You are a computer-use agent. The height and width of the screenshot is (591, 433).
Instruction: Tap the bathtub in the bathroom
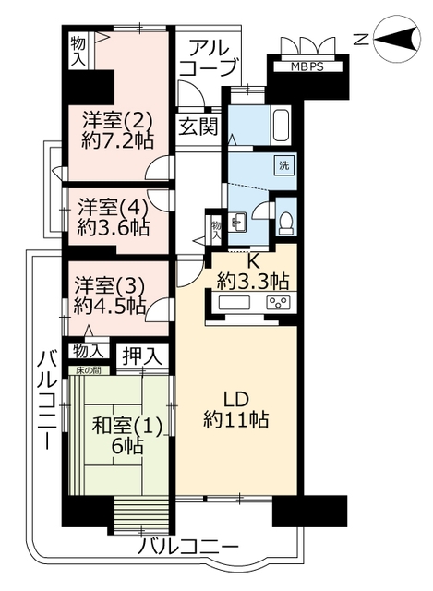pos(281,125)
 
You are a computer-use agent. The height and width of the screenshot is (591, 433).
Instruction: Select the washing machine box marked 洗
pos(283,165)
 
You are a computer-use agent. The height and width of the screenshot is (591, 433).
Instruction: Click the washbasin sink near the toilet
pos(237,223)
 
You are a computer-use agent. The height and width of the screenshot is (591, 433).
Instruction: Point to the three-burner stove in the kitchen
pos(278,303)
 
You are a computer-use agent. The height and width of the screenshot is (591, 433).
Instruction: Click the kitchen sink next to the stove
pos(235,303)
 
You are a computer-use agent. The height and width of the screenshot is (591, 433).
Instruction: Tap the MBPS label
pos(307,67)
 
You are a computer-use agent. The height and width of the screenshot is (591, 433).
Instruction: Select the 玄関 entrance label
pos(198,127)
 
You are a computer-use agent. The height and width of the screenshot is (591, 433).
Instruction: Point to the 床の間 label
pos(89,371)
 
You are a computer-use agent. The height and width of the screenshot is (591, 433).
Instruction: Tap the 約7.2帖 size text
pos(117,141)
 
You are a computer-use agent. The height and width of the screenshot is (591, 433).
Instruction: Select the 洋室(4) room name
pos(112,207)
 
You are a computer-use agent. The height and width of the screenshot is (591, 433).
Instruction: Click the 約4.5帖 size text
pos(110,306)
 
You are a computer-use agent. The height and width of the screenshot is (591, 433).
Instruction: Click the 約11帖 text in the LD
pos(236,419)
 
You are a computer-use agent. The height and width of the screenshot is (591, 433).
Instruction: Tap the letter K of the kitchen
pos(253,260)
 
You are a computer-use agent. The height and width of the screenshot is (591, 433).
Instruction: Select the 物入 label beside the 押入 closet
pos(89,351)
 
